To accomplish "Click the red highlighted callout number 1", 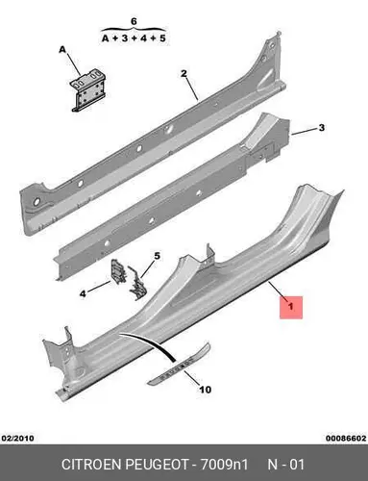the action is pyautogui.click(x=291, y=307).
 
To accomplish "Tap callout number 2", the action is pyautogui.click(x=184, y=73).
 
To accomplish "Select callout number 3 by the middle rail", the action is pyautogui.click(x=321, y=128).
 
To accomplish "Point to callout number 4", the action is pyautogui.click(x=83, y=293).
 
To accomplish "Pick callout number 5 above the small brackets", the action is pyautogui.click(x=157, y=256).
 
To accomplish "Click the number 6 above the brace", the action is pyautogui.click(x=134, y=21).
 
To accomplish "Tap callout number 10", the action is pyautogui.click(x=206, y=390).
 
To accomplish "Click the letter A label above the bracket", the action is pyautogui.click(x=62, y=49).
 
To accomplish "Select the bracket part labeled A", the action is pyautogui.click(x=87, y=90).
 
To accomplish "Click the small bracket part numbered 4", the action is pyautogui.click(x=116, y=271).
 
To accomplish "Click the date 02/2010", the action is pyautogui.click(x=18, y=438).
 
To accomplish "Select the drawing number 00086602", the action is pyautogui.click(x=346, y=438).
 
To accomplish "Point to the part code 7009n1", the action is pyautogui.click(x=224, y=465).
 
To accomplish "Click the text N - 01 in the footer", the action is pyautogui.click(x=285, y=465).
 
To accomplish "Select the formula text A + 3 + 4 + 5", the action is pyautogui.click(x=134, y=38).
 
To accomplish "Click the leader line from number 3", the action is pyautogui.click(x=304, y=132).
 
